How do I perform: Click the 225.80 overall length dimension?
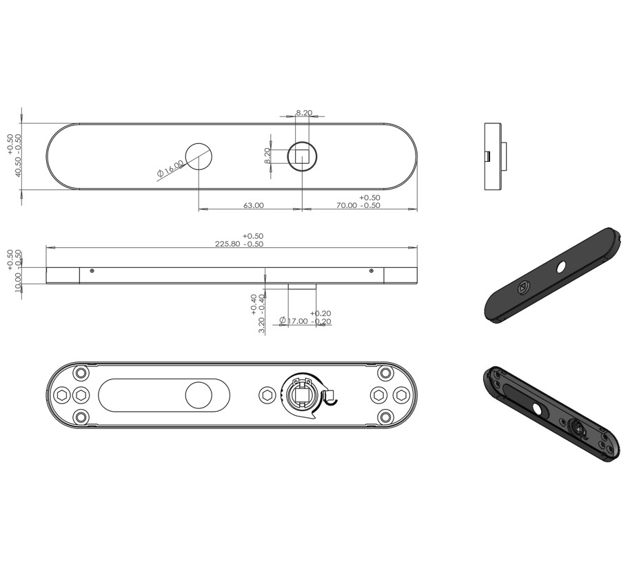pos(227,244)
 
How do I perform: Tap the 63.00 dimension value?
pos(254,205)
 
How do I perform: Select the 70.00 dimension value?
pos(347,205)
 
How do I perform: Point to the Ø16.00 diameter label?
pos(171,168)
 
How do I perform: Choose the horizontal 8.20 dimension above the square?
pos(304,113)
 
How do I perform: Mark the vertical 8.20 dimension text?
pos(267,156)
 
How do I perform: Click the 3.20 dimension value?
pos(262,326)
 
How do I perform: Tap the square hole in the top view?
pos(302,156)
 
